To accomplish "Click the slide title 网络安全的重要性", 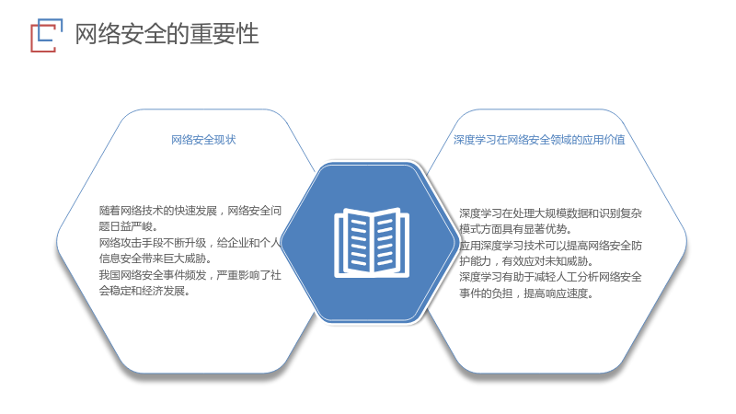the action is click(167, 34).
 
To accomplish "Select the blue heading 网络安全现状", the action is click(203, 140).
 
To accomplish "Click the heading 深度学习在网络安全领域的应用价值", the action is click(539, 140).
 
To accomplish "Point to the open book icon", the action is click(372, 242).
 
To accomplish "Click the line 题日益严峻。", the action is click(128, 226).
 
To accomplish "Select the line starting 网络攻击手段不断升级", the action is click(190, 242).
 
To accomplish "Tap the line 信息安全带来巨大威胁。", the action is click(155, 259).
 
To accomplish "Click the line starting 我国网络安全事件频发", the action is click(190, 274).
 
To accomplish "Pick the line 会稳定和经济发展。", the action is click(144, 291).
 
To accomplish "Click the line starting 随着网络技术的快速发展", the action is click(190, 211).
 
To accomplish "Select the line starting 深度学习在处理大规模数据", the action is click(550, 213).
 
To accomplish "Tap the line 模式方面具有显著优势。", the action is click(515, 229).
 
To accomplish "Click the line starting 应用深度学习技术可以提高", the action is click(550, 245).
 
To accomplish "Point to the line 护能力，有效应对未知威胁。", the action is click(526, 261).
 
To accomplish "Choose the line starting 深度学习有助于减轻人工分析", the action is click(550, 277).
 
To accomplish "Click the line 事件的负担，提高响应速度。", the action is click(526, 293).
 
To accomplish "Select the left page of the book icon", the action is click(353, 242).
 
